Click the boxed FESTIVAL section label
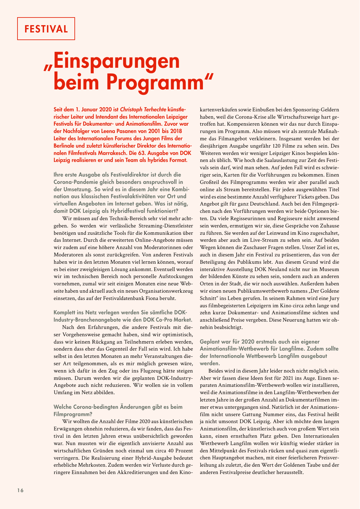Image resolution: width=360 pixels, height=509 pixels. [x=46, y=29]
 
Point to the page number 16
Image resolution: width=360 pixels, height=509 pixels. [x=20, y=490]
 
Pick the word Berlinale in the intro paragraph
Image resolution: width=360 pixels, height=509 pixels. [x=66, y=146]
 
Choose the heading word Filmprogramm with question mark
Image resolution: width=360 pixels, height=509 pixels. [x=73, y=414]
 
